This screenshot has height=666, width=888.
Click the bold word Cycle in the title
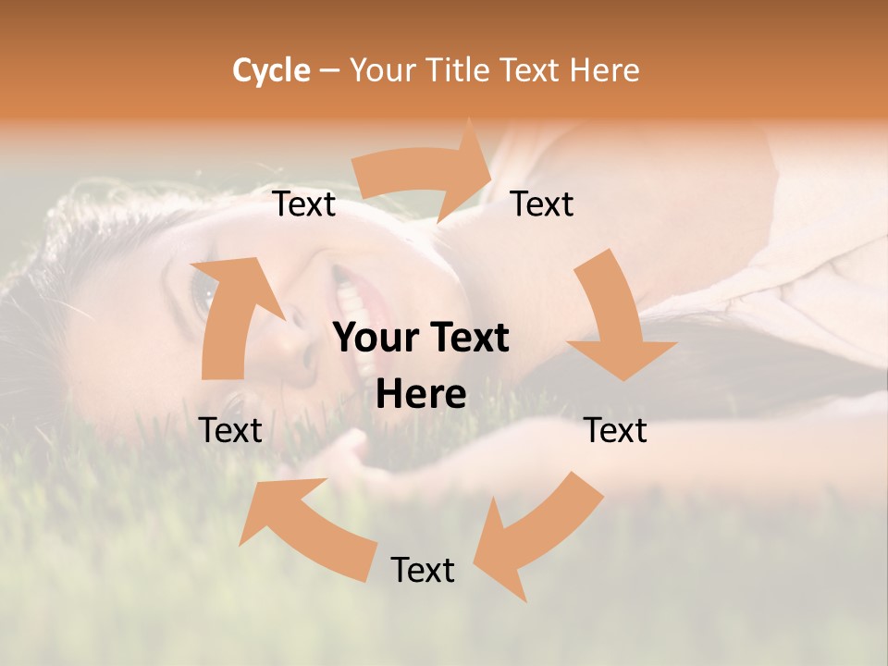271,70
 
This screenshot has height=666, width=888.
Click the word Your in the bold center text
374,339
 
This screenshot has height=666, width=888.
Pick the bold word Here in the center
421,395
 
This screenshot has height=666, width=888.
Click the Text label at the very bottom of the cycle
423,570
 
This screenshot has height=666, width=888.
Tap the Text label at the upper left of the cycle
304,204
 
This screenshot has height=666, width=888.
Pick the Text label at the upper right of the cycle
542,203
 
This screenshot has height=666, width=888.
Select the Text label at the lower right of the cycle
615,430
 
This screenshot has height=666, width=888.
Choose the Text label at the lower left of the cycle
231,430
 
